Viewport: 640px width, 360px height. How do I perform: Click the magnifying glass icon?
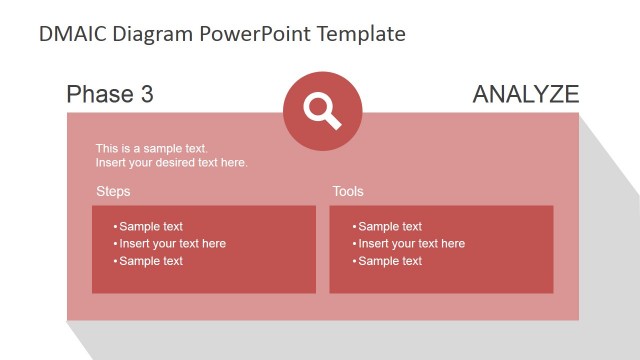pyautogui.click(x=323, y=110)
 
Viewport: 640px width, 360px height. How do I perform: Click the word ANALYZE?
pyautogui.click(x=525, y=95)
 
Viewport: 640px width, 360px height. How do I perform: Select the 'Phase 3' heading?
pyautogui.click(x=110, y=95)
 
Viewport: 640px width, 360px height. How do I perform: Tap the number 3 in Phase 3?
pyautogui.click(x=147, y=95)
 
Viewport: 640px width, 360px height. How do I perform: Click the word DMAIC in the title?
pyautogui.click(x=73, y=34)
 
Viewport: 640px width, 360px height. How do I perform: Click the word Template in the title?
pyautogui.click(x=361, y=34)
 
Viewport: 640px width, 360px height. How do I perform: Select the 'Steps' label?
pyautogui.click(x=113, y=191)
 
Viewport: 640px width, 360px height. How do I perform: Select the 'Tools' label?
pyautogui.click(x=348, y=191)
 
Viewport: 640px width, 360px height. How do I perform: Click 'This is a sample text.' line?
pyautogui.click(x=152, y=149)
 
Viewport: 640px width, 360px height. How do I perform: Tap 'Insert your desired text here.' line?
pyautogui.click(x=171, y=163)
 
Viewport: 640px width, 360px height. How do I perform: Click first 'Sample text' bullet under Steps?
pyautogui.click(x=151, y=227)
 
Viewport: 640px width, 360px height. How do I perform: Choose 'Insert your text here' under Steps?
pyautogui.click(x=172, y=244)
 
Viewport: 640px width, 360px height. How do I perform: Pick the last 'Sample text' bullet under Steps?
pyautogui.click(x=151, y=261)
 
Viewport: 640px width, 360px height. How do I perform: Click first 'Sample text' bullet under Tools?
pyautogui.click(x=390, y=227)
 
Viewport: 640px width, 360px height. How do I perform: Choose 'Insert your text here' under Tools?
pyautogui.click(x=411, y=244)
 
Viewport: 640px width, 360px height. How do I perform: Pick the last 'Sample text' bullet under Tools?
pyautogui.click(x=390, y=261)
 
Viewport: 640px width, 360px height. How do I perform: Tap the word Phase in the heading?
pyautogui.click(x=98, y=95)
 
